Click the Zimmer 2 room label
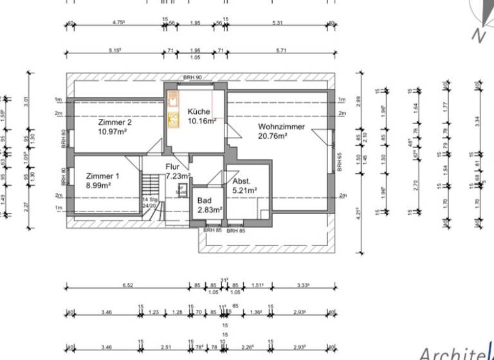pyautogui.click(x=115, y=122)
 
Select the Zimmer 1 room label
pyautogui.click(x=103, y=175)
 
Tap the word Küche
pyautogui.click(x=199, y=111)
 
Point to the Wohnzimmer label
pyautogui.click(x=282, y=127)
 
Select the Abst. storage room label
pyautogui.click(x=242, y=181)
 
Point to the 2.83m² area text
pyautogui.click(x=210, y=210)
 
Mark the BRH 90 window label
pyautogui.click(x=192, y=78)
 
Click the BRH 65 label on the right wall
pyautogui.click(x=339, y=161)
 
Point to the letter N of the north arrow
pyautogui.click(x=478, y=35)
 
